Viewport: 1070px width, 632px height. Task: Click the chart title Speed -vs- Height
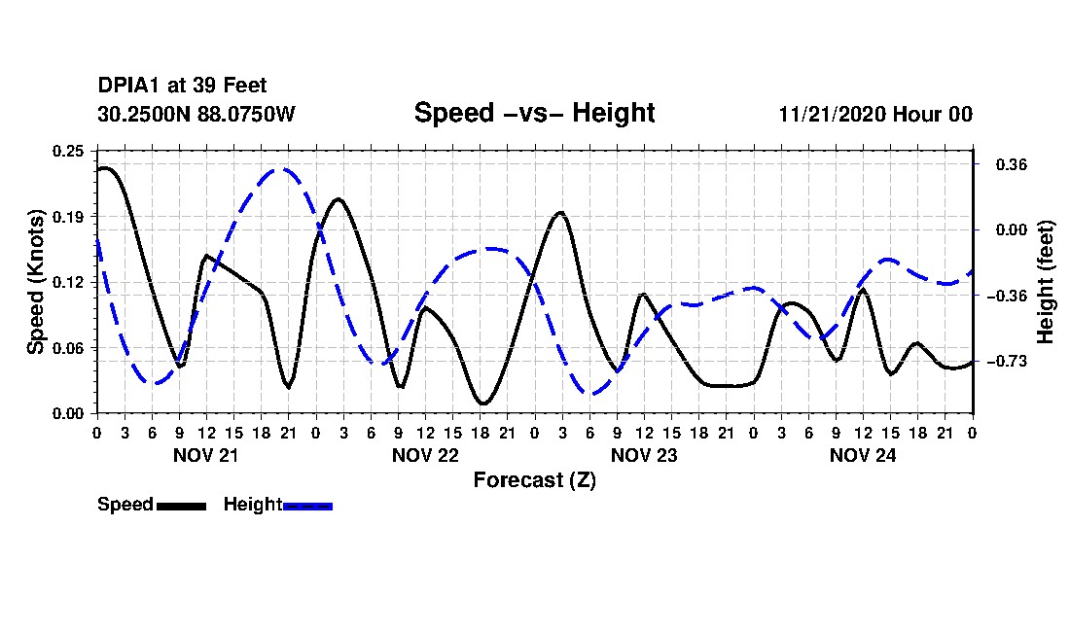tap(534, 113)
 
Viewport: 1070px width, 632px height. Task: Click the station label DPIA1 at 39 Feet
tap(182, 86)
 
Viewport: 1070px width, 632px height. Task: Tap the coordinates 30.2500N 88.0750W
tap(196, 114)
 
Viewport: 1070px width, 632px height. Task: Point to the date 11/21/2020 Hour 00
tap(875, 114)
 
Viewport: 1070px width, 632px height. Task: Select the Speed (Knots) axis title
tap(35, 282)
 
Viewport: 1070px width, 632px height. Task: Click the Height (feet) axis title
tap(1046, 282)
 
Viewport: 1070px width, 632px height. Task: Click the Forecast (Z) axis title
tap(534, 480)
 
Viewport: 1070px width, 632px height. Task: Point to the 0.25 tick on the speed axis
tap(68, 151)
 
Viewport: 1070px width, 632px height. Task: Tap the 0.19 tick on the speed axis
tap(68, 217)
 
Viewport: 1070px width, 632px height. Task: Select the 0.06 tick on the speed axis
tap(68, 348)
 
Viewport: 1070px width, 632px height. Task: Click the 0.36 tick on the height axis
tap(1011, 164)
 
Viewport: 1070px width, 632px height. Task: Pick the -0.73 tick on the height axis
tap(1007, 362)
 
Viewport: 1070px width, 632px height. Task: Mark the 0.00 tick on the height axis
tap(1011, 229)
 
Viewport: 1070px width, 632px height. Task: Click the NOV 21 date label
tap(206, 455)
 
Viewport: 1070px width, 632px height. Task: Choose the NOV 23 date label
tap(644, 455)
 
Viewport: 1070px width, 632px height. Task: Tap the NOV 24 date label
tap(863, 455)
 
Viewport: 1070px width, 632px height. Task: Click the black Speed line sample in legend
tap(181, 506)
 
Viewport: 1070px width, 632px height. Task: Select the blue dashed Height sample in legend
tap(307, 506)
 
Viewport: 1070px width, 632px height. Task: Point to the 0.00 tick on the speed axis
tap(68, 414)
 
